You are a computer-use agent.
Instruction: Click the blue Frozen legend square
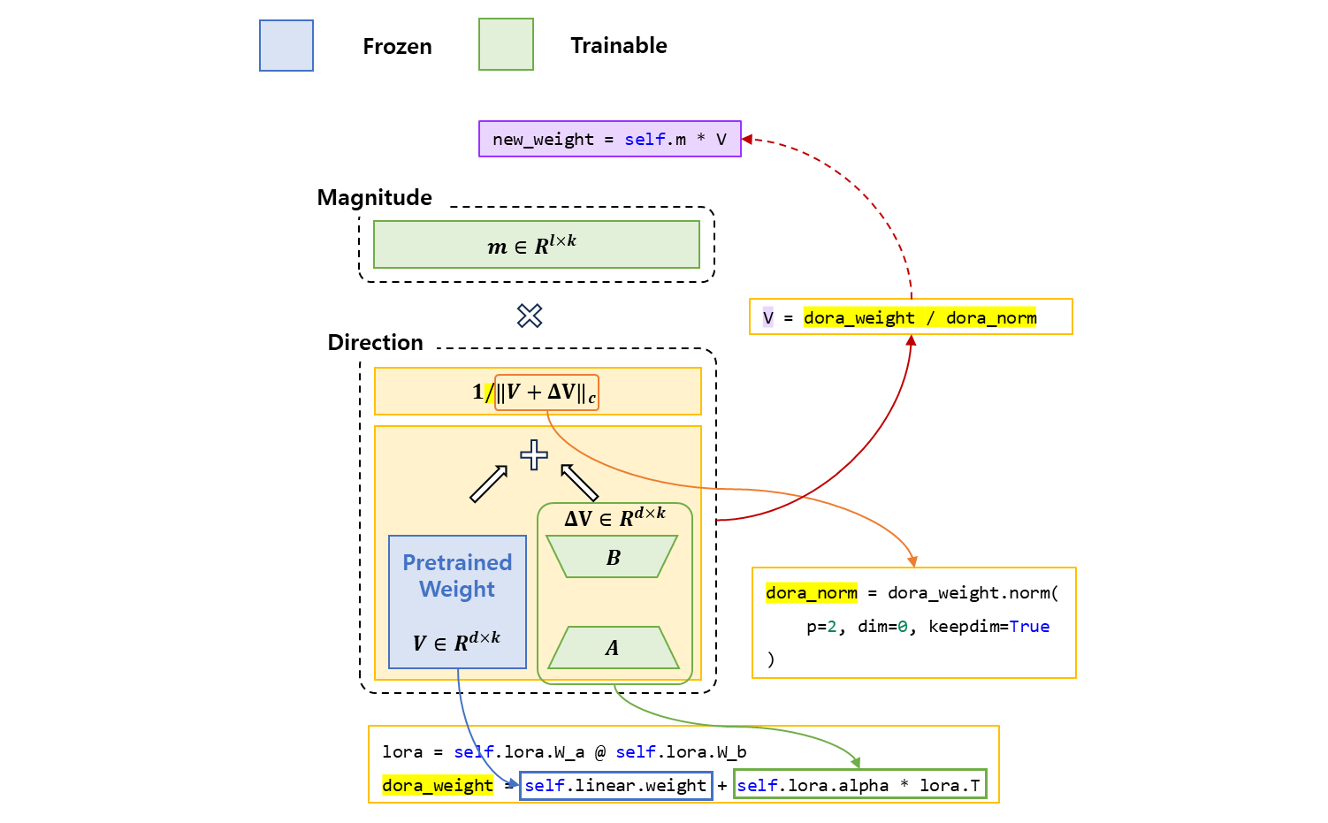pyautogui.click(x=286, y=46)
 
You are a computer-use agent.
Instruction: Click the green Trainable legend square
pyautogui.click(x=506, y=45)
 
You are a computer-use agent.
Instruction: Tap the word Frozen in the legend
pyautogui.click(x=397, y=47)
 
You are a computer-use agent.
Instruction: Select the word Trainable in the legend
pyautogui.click(x=619, y=46)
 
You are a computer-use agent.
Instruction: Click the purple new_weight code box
pyautogui.click(x=609, y=140)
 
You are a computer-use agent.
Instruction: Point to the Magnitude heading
pyautogui.click(x=375, y=198)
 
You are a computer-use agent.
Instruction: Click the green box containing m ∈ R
pyautogui.click(x=536, y=245)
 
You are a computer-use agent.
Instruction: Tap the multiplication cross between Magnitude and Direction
pyautogui.click(x=530, y=316)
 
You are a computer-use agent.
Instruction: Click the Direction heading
pyautogui.click(x=376, y=343)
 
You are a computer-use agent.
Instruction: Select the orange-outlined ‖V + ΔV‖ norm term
pyautogui.click(x=546, y=392)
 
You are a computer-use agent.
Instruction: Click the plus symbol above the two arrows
pyautogui.click(x=533, y=455)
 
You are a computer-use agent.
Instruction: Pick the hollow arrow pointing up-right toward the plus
pyautogui.click(x=488, y=484)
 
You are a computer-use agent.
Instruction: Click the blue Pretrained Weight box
pyautogui.click(x=457, y=601)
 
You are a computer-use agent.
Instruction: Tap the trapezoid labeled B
pyautogui.click(x=612, y=557)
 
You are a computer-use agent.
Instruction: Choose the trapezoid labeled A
pyautogui.click(x=613, y=648)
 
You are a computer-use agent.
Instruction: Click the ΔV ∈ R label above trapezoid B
pyautogui.click(x=614, y=517)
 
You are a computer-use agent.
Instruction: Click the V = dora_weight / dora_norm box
pyautogui.click(x=911, y=317)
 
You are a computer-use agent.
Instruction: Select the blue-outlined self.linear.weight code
pyautogui.click(x=615, y=786)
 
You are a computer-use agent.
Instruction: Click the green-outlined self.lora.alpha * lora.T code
pyautogui.click(x=859, y=786)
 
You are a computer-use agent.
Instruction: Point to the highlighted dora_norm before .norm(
pyautogui.click(x=812, y=593)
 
